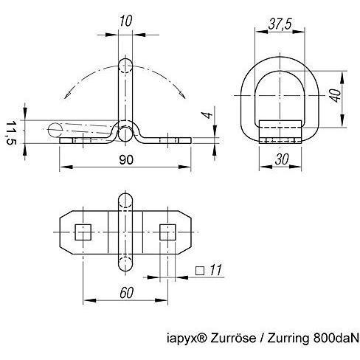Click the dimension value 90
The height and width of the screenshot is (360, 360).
pos(126,159)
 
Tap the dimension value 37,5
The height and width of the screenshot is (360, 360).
pos(280,24)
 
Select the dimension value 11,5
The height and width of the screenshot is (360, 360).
pos(10,133)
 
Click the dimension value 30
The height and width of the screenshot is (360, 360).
pos(282,159)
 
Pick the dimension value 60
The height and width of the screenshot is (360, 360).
pos(127,293)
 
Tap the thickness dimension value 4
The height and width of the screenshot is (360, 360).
pos(209,115)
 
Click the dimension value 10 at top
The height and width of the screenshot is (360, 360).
pos(125,21)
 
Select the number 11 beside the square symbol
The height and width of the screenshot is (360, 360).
pos(215,270)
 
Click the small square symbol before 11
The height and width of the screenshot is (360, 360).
pos(200,271)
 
